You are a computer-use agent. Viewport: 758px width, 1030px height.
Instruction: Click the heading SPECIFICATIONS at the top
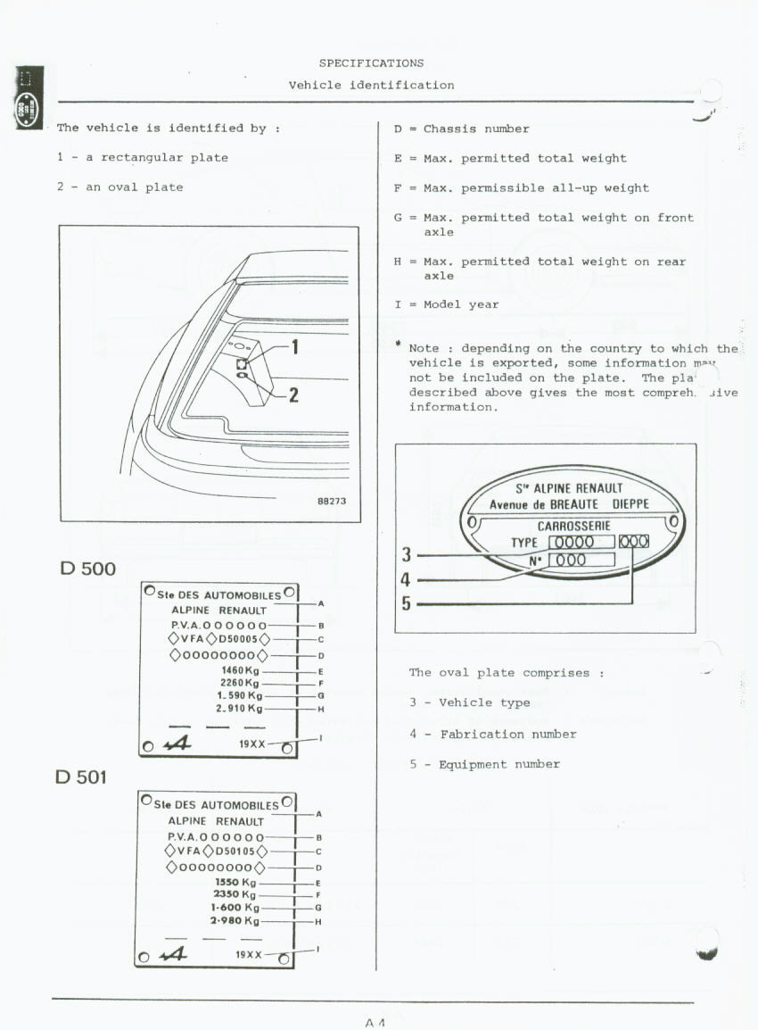click(x=371, y=63)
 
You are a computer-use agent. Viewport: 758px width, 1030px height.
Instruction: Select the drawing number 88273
click(x=332, y=502)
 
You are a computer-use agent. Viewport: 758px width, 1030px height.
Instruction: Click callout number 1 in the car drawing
click(x=295, y=346)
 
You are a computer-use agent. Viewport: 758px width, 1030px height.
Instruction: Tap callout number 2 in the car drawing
click(x=293, y=395)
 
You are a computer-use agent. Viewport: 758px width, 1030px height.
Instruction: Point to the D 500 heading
click(x=87, y=569)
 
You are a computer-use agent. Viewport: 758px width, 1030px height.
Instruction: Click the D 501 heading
click(x=80, y=777)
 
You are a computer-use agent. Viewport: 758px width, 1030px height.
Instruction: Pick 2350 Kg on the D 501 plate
click(x=235, y=894)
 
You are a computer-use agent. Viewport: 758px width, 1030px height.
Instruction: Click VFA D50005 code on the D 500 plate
click(x=218, y=639)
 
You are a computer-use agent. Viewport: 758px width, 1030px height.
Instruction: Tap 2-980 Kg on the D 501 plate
click(x=235, y=920)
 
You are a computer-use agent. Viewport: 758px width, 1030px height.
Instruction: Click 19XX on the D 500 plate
click(x=251, y=743)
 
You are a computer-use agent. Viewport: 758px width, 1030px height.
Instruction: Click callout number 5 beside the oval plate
click(x=407, y=604)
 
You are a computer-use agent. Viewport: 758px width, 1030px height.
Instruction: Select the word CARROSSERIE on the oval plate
click(x=573, y=526)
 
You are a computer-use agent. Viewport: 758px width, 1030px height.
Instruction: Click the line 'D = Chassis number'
click(x=461, y=129)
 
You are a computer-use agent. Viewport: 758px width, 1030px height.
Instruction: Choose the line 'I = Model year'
click(x=446, y=304)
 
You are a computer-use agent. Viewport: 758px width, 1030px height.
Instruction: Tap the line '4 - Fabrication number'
click(x=492, y=734)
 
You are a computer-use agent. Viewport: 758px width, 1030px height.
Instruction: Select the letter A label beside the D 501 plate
click(x=319, y=814)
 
